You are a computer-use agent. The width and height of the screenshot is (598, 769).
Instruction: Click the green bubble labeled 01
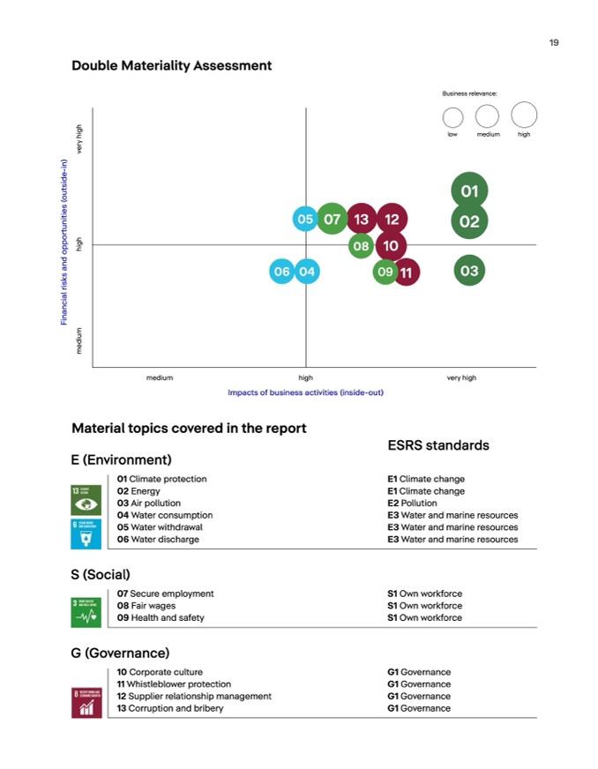[x=469, y=190]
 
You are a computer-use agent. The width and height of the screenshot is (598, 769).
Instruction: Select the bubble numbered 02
[x=469, y=221]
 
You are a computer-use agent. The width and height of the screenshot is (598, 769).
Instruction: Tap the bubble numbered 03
[x=469, y=271]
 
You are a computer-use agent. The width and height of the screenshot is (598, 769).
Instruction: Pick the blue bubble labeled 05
[x=305, y=219]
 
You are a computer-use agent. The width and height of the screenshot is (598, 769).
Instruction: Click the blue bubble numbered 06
[x=281, y=272]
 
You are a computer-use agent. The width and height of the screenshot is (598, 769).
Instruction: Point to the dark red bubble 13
[x=361, y=219]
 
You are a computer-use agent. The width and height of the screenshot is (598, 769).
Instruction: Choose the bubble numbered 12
[x=392, y=219]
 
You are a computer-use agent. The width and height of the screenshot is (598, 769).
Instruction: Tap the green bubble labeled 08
[x=361, y=246]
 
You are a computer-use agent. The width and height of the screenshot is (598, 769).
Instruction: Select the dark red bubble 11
[x=407, y=273]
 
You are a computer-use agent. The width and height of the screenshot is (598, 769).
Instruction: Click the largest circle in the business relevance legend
[x=524, y=115]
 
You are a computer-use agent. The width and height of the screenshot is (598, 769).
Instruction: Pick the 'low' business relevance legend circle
[x=452, y=116]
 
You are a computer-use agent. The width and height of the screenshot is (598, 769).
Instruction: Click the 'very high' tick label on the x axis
[x=461, y=377]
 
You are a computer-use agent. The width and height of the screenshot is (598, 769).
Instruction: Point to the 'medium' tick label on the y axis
[x=79, y=340]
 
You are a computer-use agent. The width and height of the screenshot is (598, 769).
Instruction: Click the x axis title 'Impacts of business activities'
[x=305, y=392]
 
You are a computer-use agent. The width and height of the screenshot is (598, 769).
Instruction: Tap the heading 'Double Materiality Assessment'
[x=171, y=66]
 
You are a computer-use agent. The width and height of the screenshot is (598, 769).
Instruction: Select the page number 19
[x=554, y=42]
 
